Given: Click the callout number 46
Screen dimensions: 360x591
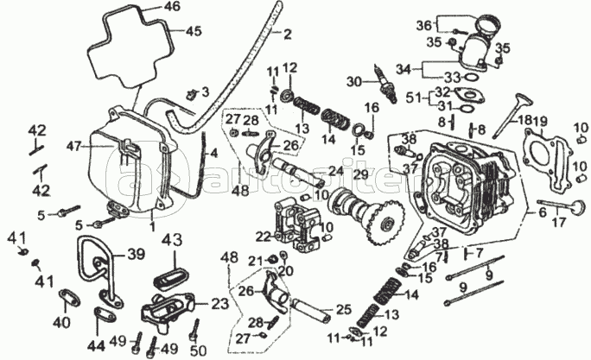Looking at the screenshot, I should pyautogui.click(x=173, y=7).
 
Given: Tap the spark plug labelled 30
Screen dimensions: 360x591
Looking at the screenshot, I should pyautogui.click(x=380, y=82).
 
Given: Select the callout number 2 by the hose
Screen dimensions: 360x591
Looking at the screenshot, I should pyautogui.click(x=287, y=35).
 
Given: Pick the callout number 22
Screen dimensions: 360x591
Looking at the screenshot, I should pyautogui.click(x=263, y=236).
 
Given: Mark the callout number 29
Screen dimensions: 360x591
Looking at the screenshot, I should pyautogui.click(x=360, y=174).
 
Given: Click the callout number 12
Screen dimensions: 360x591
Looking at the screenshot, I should pyautogui.click(x=289, y=67).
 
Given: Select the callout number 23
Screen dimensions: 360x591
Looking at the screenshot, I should pyautogui.click(x=219, y=303).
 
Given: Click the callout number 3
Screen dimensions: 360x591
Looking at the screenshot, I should pyautogui.click(x=205, y=92).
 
